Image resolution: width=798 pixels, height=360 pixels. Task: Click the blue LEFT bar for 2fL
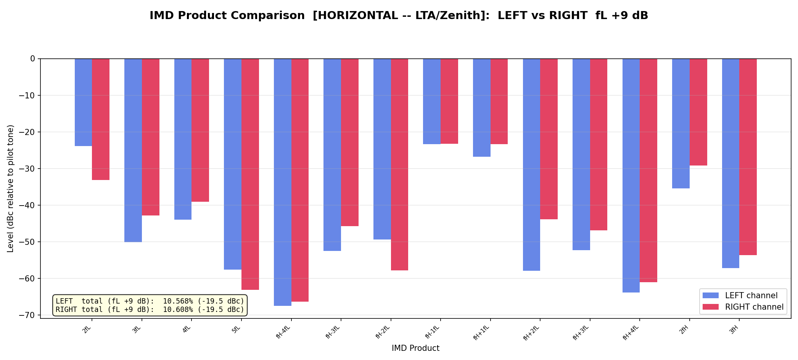[83, 102]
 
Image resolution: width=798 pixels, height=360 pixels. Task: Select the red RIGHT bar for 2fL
[101, 119]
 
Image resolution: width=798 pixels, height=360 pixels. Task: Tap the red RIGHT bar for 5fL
[250, 174]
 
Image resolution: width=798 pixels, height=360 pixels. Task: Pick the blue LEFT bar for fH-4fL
[283, 182]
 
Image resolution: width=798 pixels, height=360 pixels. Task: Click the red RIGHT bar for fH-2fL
[399, 164]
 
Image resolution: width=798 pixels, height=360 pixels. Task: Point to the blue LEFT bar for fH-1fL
[432, 101]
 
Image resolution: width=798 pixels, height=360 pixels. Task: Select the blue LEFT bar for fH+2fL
[531, 164]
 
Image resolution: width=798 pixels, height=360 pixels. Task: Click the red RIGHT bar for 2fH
[698, 112]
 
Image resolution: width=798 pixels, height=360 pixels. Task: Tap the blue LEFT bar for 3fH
[730, 163]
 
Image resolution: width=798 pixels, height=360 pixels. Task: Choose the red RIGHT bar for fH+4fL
[648, 170]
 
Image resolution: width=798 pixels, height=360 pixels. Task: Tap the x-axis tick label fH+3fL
[581, 333]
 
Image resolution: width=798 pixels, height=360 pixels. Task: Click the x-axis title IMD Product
[415, 348]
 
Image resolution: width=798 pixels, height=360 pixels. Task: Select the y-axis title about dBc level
[11, 188]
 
